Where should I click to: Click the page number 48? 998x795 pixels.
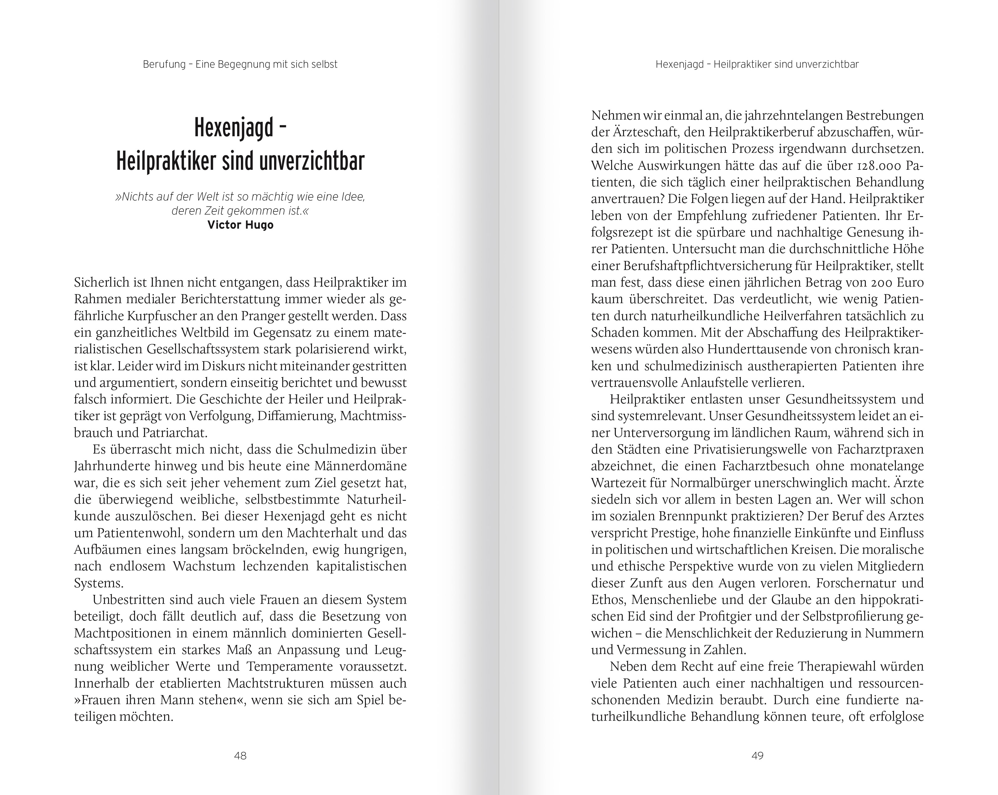point(240,756)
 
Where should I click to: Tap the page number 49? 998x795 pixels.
point(757,756)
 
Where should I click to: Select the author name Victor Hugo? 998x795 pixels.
point(240,225)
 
